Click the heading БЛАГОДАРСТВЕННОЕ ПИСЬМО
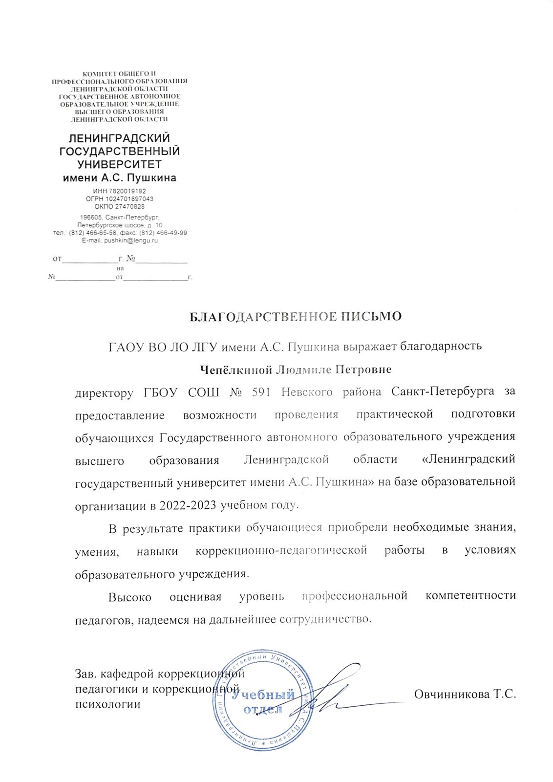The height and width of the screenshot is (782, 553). tap(296, 317)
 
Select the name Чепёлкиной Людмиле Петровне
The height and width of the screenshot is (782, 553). tap(297, 369)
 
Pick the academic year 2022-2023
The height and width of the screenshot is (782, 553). tap(188, 505)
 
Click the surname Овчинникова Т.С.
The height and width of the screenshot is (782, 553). tap(465, 694)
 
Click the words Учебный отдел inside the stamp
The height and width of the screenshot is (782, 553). tap(263, 701)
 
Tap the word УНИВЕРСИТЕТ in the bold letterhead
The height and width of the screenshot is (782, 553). tap(120, 164)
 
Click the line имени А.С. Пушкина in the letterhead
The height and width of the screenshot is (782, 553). tap(120, 178)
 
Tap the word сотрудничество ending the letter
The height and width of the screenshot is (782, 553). tap(325, 619)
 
